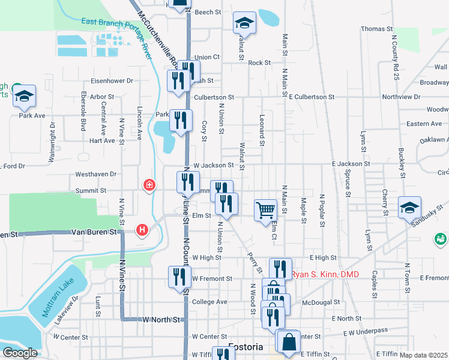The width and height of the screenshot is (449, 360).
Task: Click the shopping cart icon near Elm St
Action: point(265,211)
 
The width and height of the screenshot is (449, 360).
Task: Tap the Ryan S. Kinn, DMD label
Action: point(326,275)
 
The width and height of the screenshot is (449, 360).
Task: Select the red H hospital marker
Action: point(142,229)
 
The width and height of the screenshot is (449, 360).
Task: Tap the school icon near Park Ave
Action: point(25,96)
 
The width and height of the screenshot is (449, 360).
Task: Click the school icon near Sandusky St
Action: point(409,208)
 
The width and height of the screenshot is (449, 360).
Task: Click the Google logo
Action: point(19,352)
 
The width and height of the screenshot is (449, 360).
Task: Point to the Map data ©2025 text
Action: point(424,355)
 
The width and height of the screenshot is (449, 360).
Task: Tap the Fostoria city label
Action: point(246,347)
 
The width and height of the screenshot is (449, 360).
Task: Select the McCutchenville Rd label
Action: point(158,36)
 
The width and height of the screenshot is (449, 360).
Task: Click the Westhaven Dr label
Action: point(95,174)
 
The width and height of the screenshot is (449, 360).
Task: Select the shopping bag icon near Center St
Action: point(288,341)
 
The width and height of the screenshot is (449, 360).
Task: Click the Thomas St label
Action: point(376,29)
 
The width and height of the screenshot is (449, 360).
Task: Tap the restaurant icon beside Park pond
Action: point(181,120)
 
